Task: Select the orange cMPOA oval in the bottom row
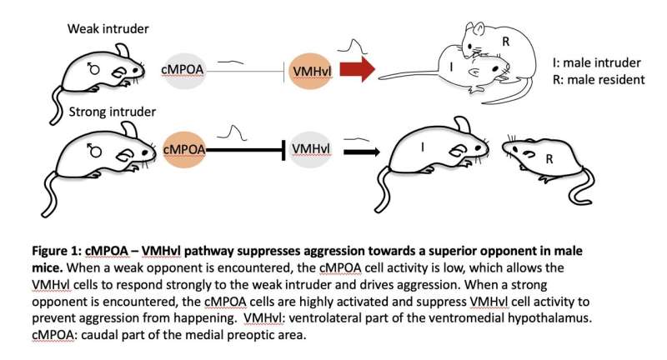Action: click(x=184, y=148)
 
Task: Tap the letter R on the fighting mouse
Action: click(x=505, y=40)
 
